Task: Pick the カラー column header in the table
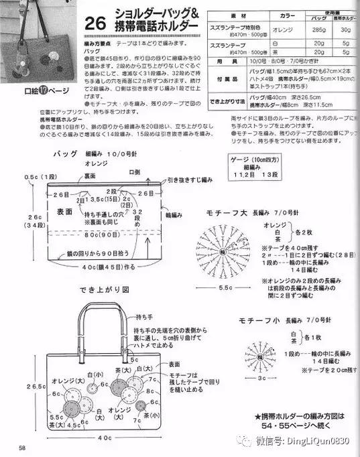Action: coord(268,15)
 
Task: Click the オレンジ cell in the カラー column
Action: coord(268,30)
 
